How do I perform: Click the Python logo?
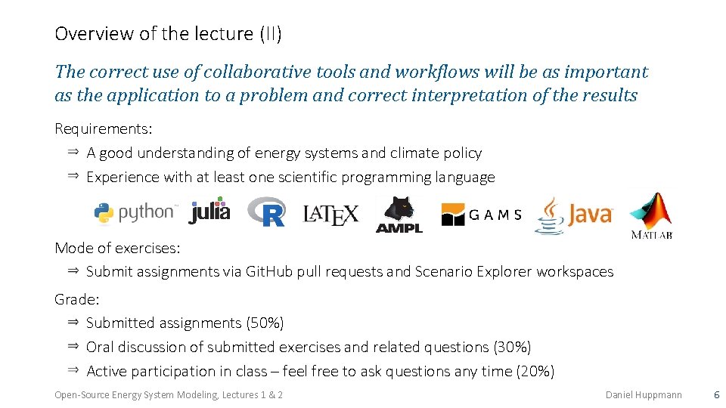point(135,213)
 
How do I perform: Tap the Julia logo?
point(209,211)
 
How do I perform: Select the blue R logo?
point(266,212)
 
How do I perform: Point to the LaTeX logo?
point(330,215)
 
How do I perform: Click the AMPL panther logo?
point(399,214)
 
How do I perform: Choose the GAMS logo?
point(482,215)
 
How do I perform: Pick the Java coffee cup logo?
point(574,215)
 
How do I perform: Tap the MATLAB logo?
point(652,215)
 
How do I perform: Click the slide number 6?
point(716,395)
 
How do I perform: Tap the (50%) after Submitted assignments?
point(265,323)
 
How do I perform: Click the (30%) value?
point(512,348)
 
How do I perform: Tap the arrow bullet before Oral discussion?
point(73,346)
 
